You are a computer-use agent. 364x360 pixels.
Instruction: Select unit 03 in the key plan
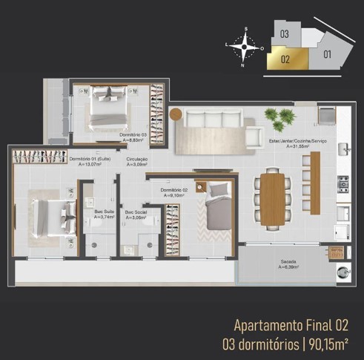pyautogui.click(x=285, y=34)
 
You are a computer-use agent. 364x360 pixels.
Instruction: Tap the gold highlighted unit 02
pyautogui.click(x=284, y=59)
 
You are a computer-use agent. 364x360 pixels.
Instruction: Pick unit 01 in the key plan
pyautogui.click(x=327, y=53)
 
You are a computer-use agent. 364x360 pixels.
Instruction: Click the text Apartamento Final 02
pyautogui.click(x=290, y=325)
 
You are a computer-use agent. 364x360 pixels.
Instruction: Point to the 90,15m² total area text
pyautogui.click(x=330, y=344)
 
